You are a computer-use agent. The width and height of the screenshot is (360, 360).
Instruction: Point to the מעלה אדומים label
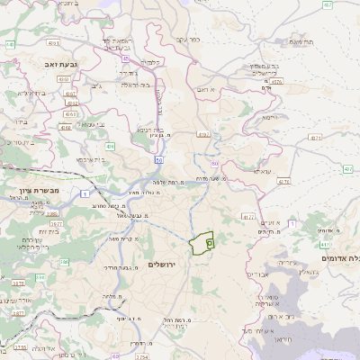[x=337, y=257]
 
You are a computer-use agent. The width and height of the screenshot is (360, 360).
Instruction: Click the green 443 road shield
[x=10, y=43]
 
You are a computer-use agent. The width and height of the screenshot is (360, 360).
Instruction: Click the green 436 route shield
[x=110, y=145]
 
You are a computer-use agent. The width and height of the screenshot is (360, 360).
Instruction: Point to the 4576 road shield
[x=275, y=82]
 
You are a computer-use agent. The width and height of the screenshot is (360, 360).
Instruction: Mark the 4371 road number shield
[x=313, y=139]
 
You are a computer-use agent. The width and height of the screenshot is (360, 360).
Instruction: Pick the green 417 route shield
[x=347, y=169]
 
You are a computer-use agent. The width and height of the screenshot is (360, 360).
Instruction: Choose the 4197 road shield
[x=202, y=135]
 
